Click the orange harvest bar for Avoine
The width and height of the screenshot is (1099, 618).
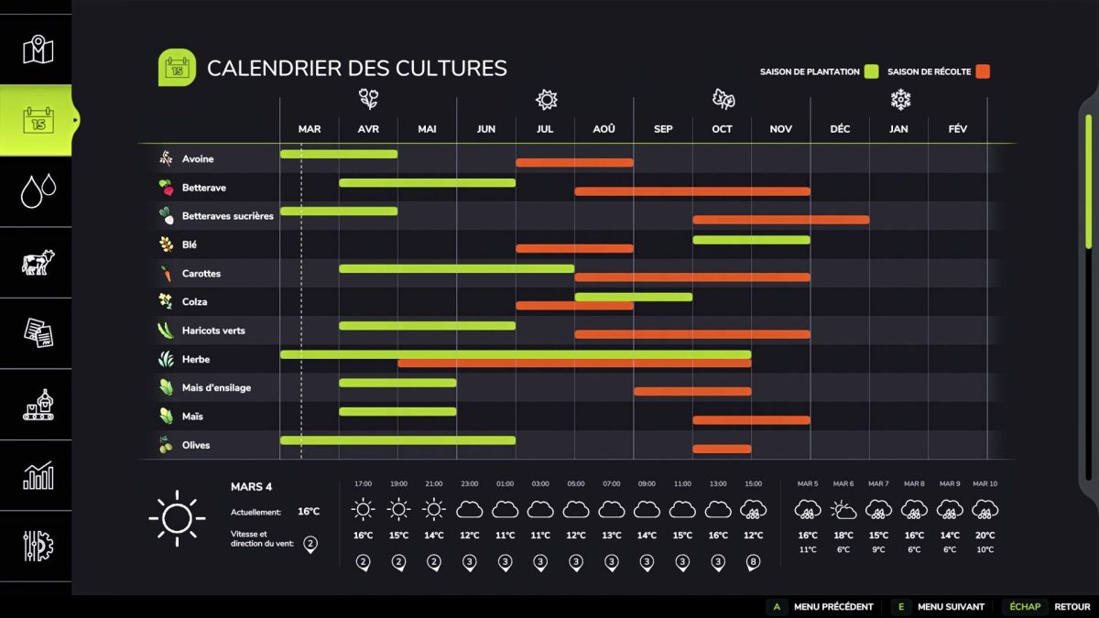click(574, 163)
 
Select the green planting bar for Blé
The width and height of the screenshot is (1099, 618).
click(751, 240)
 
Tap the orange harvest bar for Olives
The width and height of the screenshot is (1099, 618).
click(722, 449)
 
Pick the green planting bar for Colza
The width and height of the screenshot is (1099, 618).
click(633, 297)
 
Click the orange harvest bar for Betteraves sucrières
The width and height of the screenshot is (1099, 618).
click(780, 220)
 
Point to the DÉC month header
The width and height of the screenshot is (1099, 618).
click(840, 129)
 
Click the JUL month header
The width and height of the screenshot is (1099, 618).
click(545, 129)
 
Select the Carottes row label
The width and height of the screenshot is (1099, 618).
click(201, 274)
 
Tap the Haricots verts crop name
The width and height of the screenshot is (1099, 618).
click(213, 331)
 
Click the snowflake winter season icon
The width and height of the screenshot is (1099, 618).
click(900, 99)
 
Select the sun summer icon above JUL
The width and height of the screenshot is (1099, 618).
click(547, 99)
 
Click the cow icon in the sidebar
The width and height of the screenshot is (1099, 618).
click(38, 263)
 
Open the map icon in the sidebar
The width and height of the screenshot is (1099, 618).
click(38, 49)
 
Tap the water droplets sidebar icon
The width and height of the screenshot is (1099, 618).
click(38, 191)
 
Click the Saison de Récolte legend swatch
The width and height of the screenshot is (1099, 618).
click(983, 71)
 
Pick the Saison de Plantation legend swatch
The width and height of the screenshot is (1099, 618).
click(872, 71)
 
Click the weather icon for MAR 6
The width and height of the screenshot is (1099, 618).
click(843, 509)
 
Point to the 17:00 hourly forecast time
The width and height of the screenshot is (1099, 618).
click(363, 483)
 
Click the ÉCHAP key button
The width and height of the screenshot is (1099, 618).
click(1025, 606)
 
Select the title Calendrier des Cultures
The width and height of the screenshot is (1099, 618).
click(356, 68)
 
